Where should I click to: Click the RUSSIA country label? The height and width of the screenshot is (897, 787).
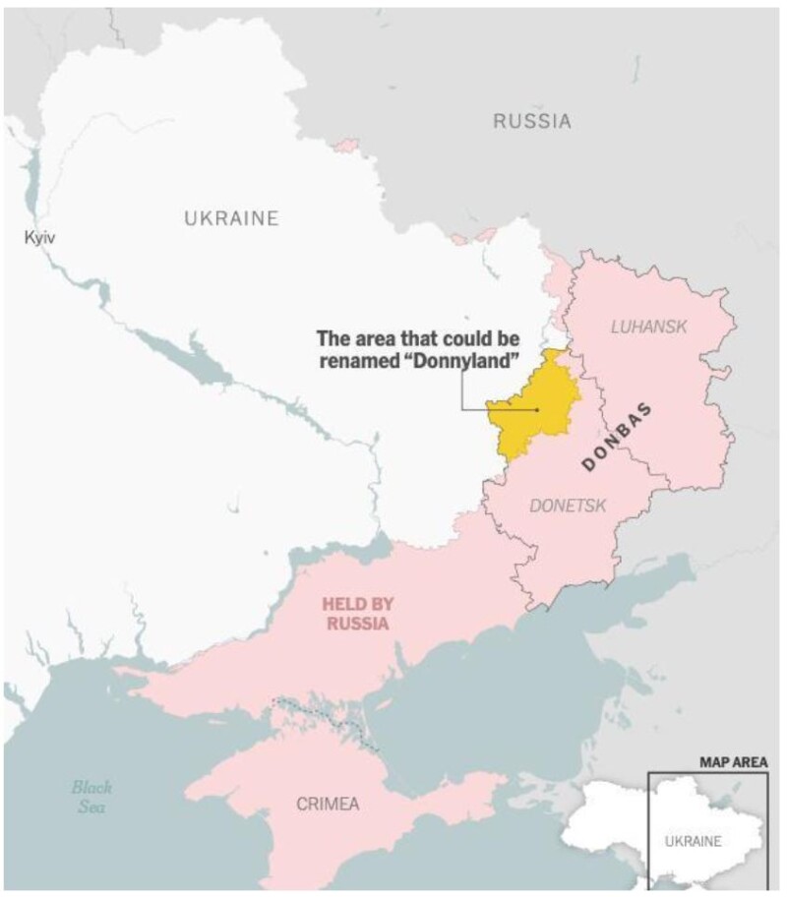(531, 122)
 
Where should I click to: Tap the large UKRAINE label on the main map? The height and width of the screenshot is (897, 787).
(231, 218)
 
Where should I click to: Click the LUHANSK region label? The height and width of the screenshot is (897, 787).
(647, 326)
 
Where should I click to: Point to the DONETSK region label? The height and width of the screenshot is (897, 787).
(568, 506)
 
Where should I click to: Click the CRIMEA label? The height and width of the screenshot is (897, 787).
(328, 804)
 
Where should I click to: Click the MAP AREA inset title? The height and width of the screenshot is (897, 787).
(733, 761)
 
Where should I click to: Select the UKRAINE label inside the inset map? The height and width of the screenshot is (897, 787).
(693, 841)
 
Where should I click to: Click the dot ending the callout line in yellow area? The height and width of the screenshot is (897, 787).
(537, 409)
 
